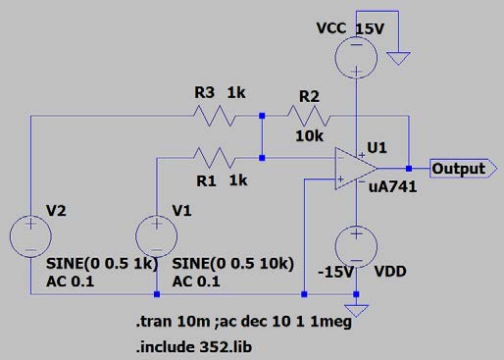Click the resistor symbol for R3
click(x=215, y=116)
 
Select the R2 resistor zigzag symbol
click(x=309, y=116)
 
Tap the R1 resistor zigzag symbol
click(x=215, y=158)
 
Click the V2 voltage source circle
click(x=30, y=236)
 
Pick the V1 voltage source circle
click(x=157, y=236)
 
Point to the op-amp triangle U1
click(x=356, y=169)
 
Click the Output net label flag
click(x=464, y=169)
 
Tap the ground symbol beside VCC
click(x=398, y=58)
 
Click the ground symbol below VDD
click(x=356, y=311)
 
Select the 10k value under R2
click(x=309, y=136)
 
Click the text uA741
click(x=392, y=187)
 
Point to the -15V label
click(x=335, y=272)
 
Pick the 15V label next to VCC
click(x=370, y=29)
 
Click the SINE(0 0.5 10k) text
click(x=232, y=264)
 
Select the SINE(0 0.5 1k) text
click(x=102, y=264)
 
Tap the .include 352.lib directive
click(x=194, y=347)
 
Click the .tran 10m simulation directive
click(x=173, y=322)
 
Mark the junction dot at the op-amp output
click(x=409, y=169)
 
